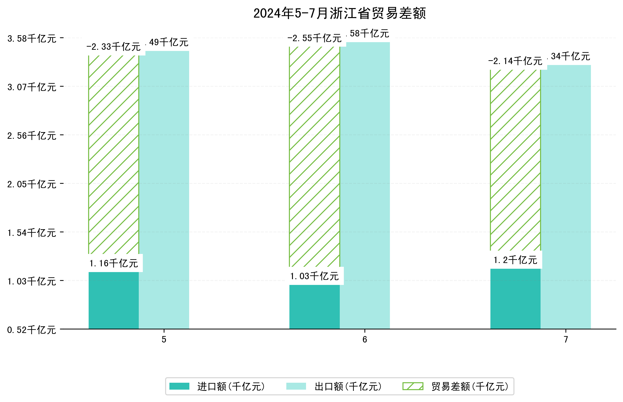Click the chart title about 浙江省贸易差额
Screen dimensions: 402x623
339,13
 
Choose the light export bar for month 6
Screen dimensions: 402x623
364,185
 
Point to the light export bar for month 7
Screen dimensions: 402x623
565,197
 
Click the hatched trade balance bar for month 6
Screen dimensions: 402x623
314,157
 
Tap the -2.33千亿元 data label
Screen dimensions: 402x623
114,47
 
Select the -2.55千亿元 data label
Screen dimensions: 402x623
314,38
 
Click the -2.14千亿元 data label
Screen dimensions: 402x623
515,61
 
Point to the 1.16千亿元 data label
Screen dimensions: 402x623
114,263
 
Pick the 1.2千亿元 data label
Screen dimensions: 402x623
515,260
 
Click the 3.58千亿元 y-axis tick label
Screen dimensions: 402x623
32,39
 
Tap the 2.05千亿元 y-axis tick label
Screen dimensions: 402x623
32,184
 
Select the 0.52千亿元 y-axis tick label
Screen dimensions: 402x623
32,330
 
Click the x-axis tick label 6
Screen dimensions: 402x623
364,340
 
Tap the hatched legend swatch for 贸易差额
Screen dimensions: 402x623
413,386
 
